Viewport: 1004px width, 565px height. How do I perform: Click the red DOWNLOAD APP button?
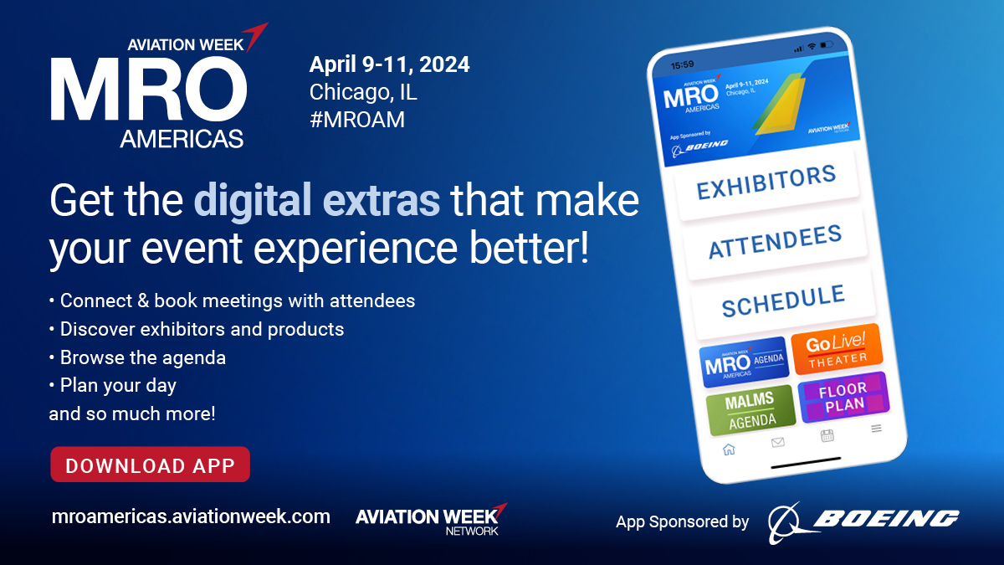pos(150,465)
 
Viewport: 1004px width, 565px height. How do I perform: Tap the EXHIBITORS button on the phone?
pos(766,183)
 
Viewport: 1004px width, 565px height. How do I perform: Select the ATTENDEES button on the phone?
pos(775,243)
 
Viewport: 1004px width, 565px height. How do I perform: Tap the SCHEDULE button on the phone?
pos(783,302)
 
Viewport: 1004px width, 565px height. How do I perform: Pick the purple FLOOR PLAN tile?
pos(844,398)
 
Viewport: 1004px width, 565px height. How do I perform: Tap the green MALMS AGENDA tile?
pos(750,410)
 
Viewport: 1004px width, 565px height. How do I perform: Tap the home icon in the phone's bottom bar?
pos(729,449)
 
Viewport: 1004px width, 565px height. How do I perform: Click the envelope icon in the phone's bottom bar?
pos(778,442)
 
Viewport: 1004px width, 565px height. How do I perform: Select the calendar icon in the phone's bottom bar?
pos(827,435)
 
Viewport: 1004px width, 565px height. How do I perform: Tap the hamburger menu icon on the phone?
pos(876,429)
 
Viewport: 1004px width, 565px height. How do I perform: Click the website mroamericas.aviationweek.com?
pos(191,516)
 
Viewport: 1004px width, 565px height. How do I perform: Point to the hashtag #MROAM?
pos(357,120)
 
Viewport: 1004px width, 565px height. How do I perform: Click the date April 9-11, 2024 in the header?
pos(390,64)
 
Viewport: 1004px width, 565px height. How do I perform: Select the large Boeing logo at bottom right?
pos(863,522)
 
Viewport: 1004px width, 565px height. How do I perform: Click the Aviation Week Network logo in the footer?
pos(431,519)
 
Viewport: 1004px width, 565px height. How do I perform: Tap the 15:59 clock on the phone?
pos(682,65)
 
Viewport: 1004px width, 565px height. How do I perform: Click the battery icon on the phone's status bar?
pos(827,44)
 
